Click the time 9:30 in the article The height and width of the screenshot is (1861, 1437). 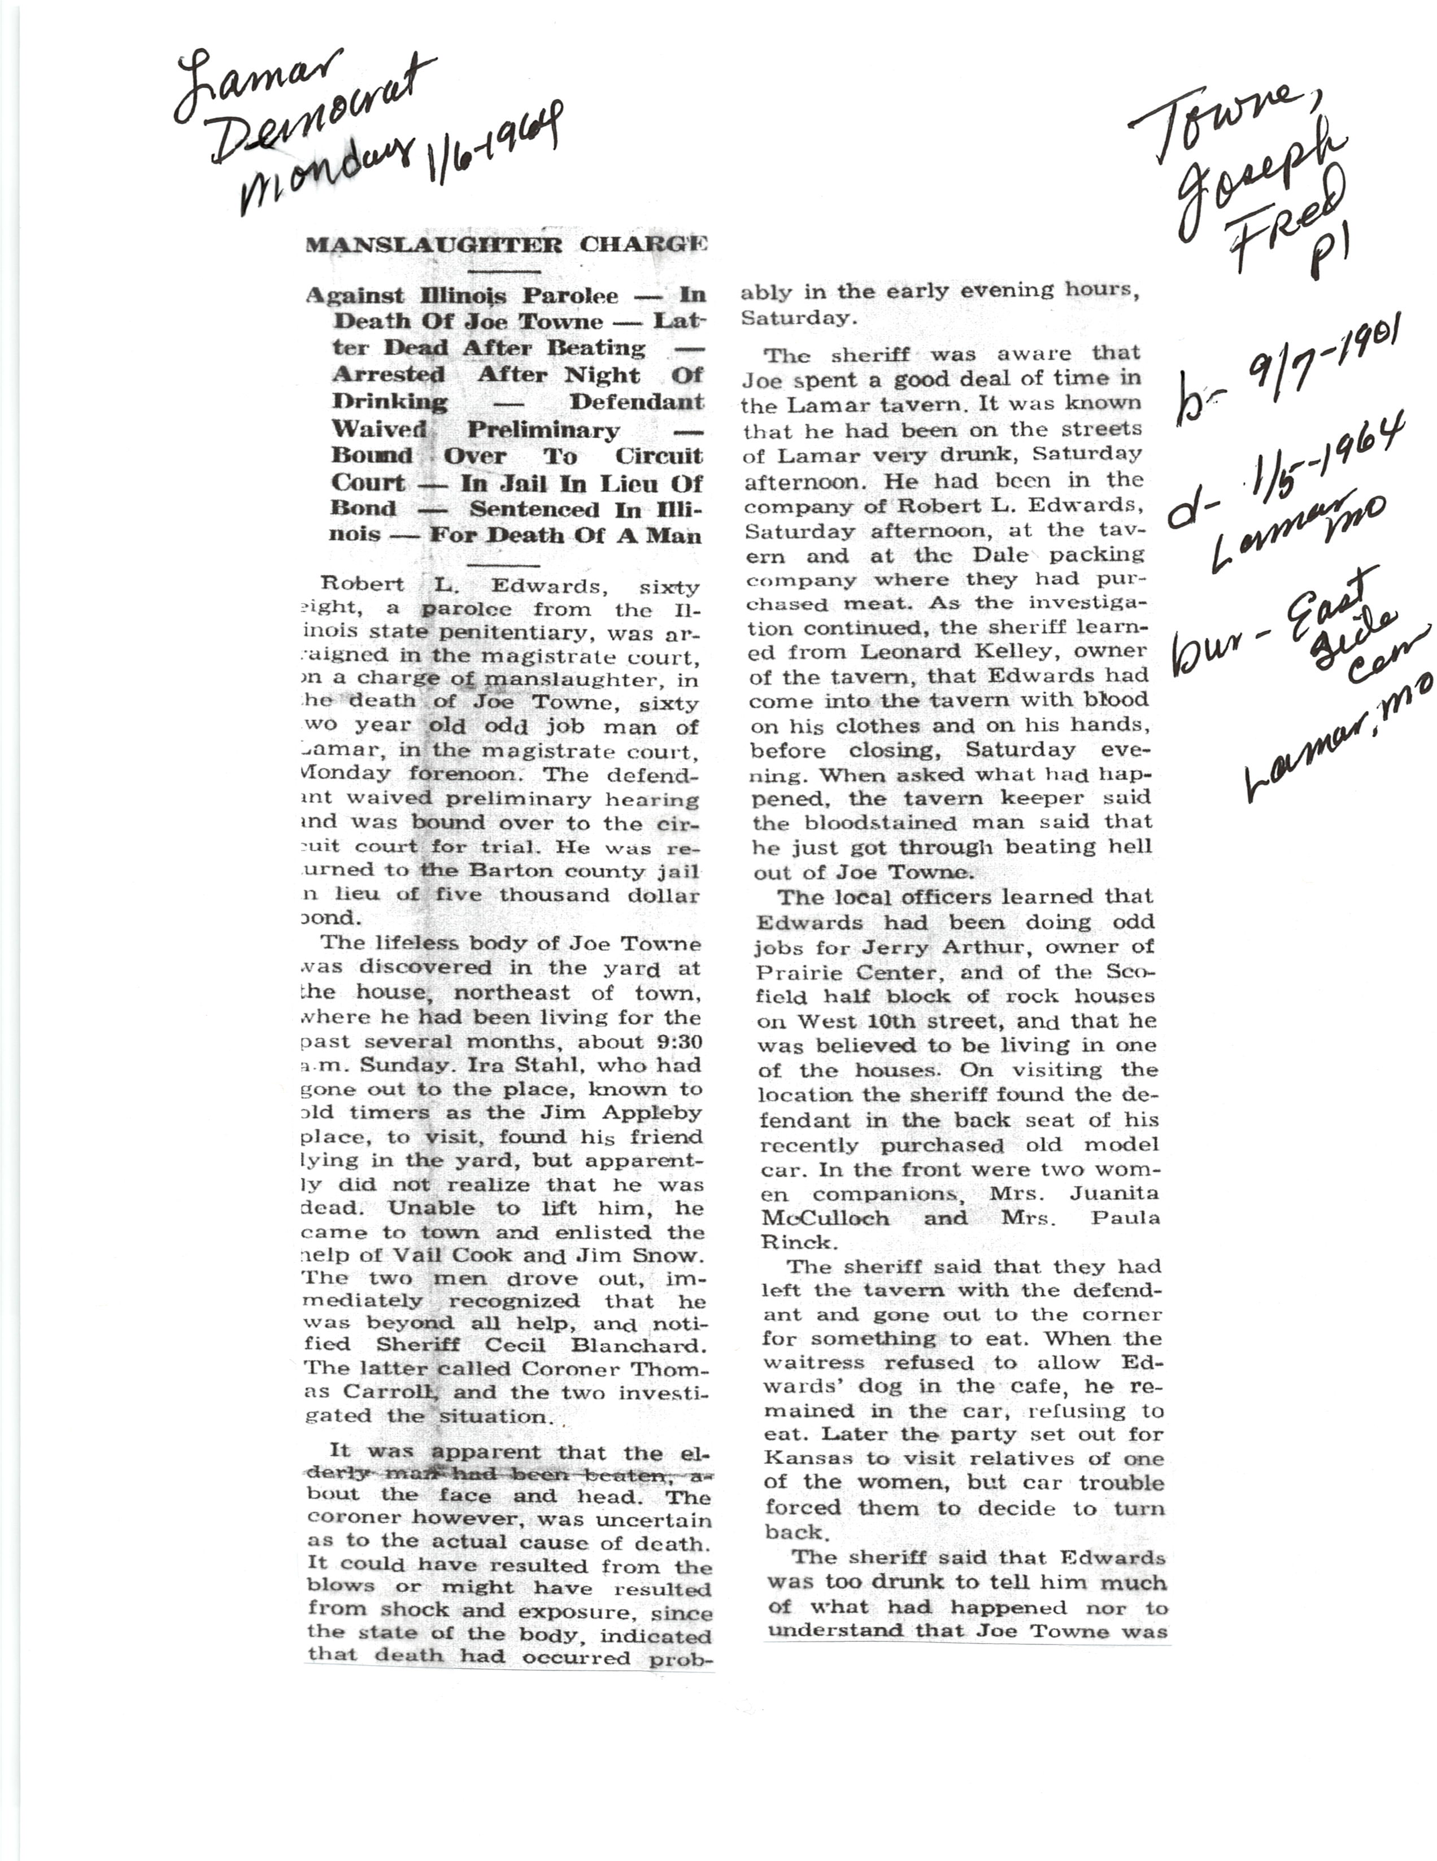673,1041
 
